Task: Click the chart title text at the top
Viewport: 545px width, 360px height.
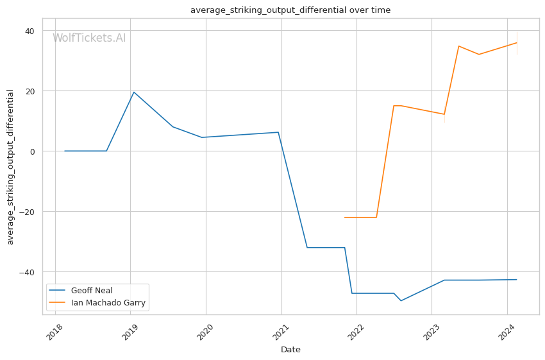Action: point(290,10)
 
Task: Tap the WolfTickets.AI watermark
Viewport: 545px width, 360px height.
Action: point(89,38)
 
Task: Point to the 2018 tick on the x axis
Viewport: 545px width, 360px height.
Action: point(55,332)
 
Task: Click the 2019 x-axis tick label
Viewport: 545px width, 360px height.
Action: point(130,332)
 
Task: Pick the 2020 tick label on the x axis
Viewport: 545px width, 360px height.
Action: point(205,332)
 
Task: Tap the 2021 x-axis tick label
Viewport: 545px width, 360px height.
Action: point(280,332)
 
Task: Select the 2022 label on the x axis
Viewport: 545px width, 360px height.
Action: point(356,332)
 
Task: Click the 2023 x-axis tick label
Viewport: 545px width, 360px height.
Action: point(431,332)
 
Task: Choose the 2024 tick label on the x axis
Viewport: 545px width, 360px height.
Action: point(507,332)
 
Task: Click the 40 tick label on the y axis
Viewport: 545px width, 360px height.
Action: point(29,31)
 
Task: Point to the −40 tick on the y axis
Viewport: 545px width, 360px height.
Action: point(27,272)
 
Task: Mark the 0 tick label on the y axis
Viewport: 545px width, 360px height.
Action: point(32,151)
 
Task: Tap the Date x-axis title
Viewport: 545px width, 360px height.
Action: point(290,350)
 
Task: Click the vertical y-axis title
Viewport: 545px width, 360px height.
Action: point(10,167)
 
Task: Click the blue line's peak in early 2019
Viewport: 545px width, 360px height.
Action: point(134,92)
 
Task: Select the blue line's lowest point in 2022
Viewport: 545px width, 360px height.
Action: point(401,300)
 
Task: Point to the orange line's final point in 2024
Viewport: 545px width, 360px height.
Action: point(517,43)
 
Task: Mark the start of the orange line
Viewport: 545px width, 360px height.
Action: point(345,218)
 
